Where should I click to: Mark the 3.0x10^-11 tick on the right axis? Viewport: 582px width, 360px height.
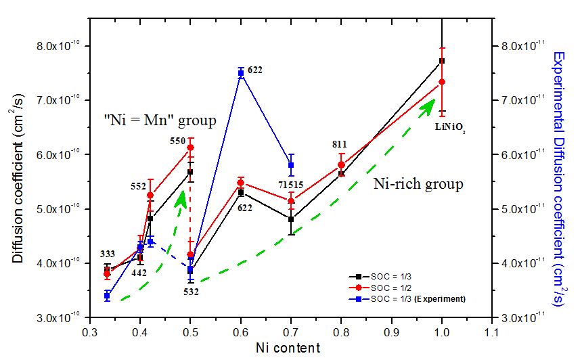click(x=526, y=317)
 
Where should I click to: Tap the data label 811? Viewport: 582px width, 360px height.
click(x=340, y=144)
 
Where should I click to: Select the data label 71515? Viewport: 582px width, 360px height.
click(x=289, y=185)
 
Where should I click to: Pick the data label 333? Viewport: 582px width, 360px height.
click(x=108, y=254)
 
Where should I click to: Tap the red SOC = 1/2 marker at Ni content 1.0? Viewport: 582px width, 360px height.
click(x=442, y=82)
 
